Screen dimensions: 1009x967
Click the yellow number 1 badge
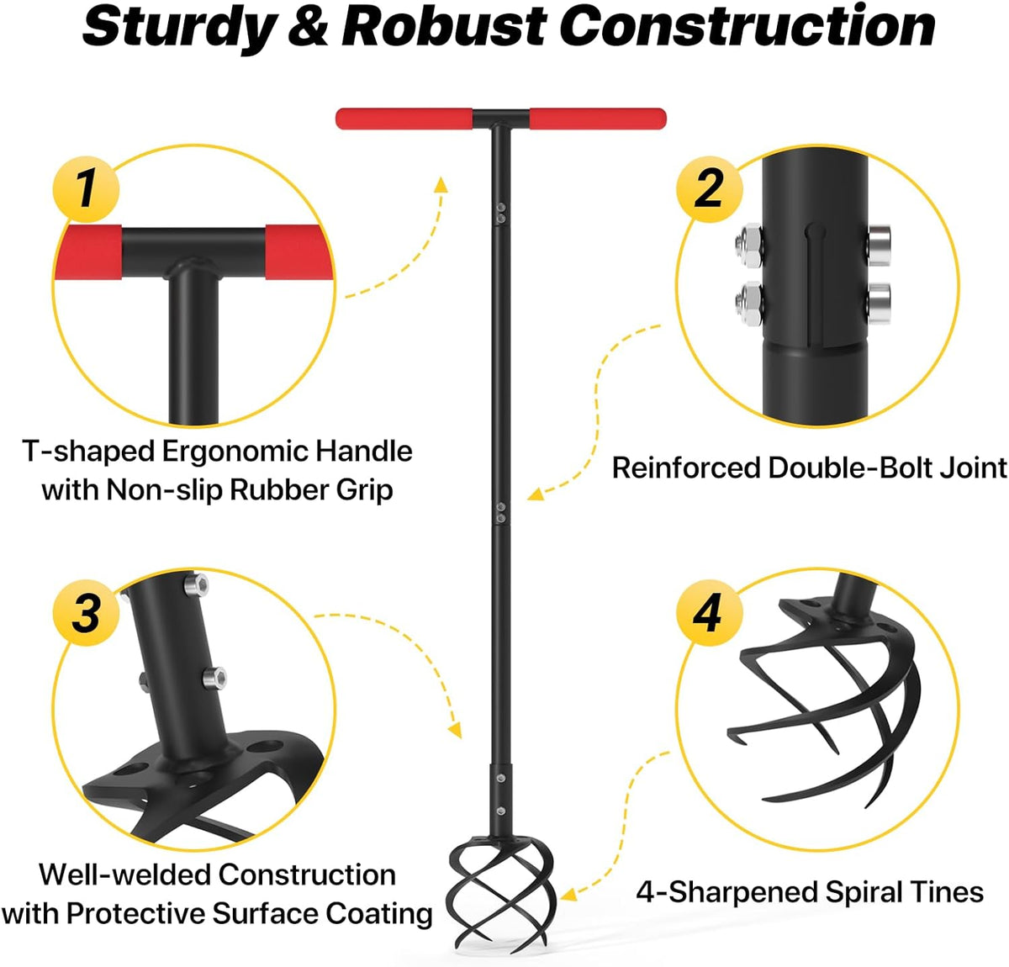[x=86, y=190]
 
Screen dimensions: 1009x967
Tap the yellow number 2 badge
[x=709, y=188]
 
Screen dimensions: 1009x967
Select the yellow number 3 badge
[x=86, y=612]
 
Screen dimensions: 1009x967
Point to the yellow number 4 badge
[x=709, y=612]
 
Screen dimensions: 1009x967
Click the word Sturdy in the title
[x=179, y=29]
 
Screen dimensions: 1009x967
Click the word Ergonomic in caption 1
[x=235, y=451]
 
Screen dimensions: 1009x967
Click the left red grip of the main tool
[x=404, y=119]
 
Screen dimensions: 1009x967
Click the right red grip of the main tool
[x=597, y=119]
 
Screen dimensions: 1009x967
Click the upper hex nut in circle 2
[x=748, y=245]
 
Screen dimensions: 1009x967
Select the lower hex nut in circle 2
[x=748, y=304]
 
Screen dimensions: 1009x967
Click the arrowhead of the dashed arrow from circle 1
[x=441, y=184]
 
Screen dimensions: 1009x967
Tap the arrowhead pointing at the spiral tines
[x=569, y=895]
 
